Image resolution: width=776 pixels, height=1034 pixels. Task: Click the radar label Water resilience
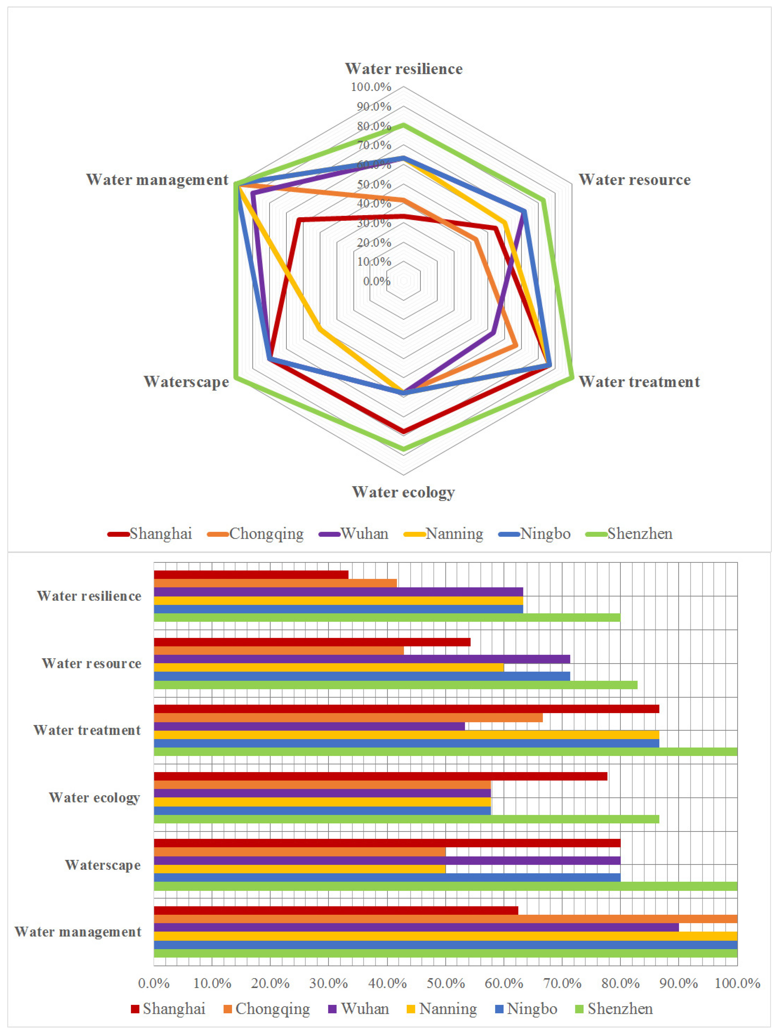404,69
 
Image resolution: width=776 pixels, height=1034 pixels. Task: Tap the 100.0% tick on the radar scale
371,87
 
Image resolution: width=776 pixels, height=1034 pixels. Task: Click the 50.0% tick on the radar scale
374,184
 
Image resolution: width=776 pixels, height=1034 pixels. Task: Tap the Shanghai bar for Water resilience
251,574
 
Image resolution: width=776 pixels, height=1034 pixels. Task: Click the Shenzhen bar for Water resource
395,685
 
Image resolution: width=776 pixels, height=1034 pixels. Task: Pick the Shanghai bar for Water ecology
380,776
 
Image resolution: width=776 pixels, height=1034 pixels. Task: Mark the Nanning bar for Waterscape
300,868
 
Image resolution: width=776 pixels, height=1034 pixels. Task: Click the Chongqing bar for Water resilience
275,583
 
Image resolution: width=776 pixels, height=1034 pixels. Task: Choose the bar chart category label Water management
78,932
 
